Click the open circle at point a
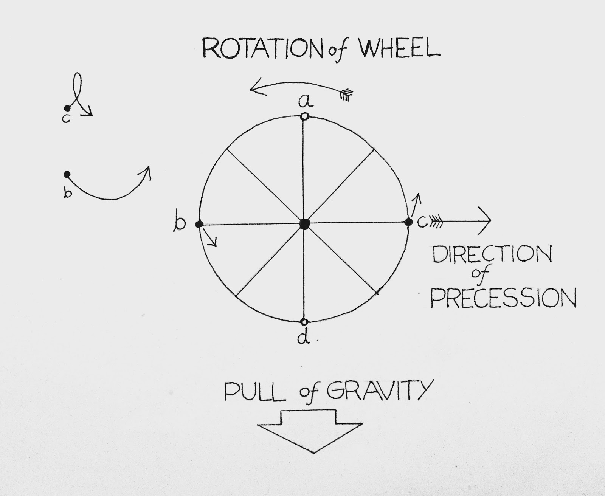click(304, 116)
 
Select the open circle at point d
click(304, 322)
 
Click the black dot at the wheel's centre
click(304, 224)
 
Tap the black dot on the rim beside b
click(199, 224)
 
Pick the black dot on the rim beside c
click(408, 222)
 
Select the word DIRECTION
click(491, 255)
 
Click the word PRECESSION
click(503, 299)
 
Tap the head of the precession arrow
click(486, 220)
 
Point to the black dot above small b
click(67, 174)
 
